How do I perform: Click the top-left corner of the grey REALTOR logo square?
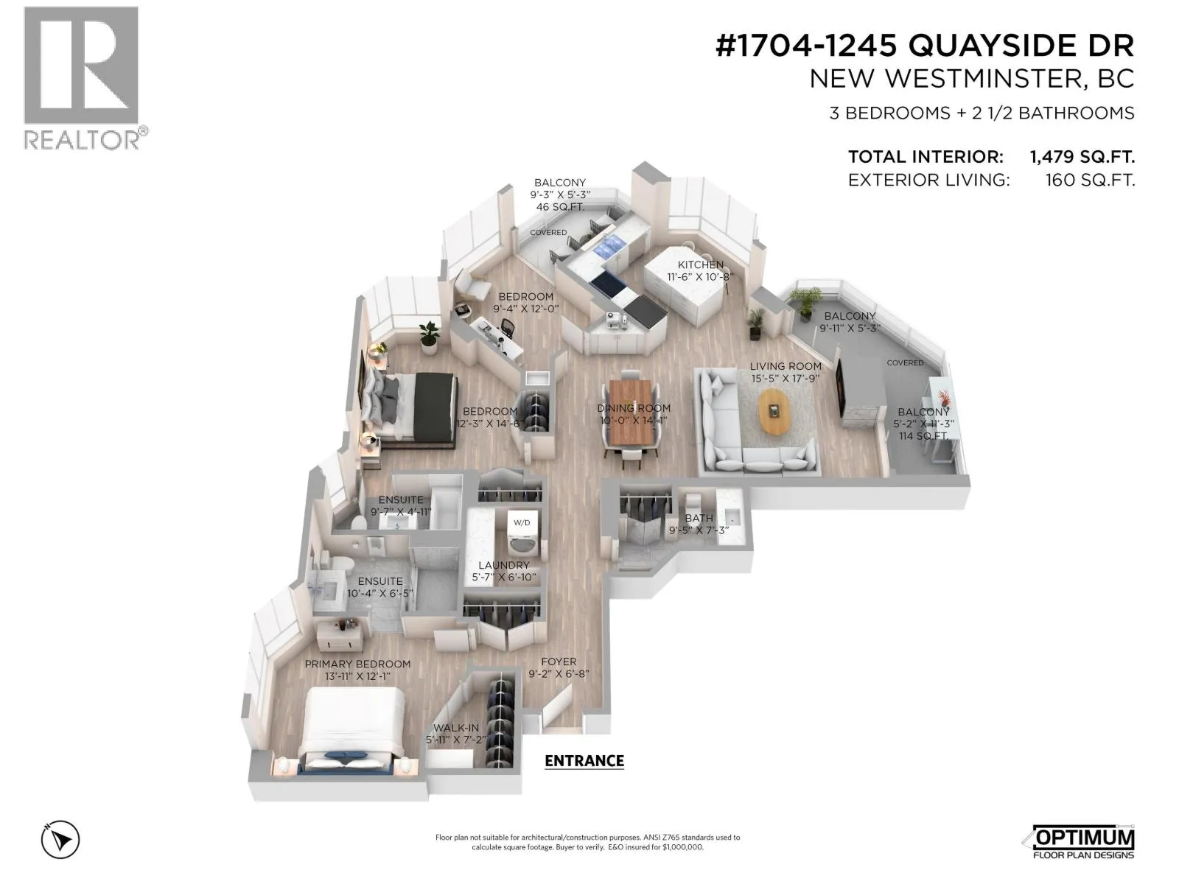click(24, 7)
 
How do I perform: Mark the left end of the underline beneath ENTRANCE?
click(545, 769)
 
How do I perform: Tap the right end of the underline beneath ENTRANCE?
click(624, 769)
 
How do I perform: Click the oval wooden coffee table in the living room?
click(776, 411)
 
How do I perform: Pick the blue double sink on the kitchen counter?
click(609, 246)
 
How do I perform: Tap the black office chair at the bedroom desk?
click(505, 327)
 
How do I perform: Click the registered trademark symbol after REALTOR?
click(143, 130)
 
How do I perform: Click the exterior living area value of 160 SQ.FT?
click(1090, 180)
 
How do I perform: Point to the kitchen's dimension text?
click(700, 277)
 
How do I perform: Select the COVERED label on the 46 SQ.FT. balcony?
click(548, 232)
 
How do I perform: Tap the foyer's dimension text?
click(559, 673)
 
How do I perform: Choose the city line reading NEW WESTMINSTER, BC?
click(972, 80)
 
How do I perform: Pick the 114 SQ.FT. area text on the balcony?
click(923, 436)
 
